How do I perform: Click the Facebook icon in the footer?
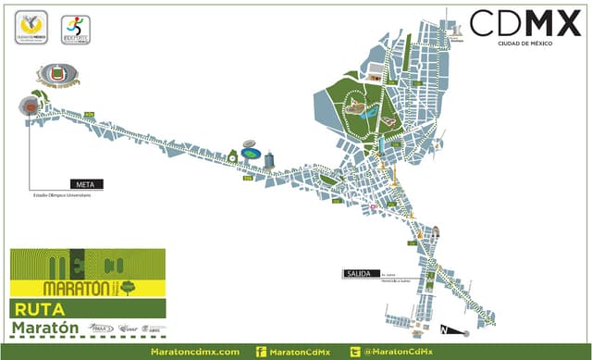(x=261, y=352)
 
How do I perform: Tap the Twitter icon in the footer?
(x=354, y=352)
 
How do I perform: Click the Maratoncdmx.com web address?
(x=194, y=352)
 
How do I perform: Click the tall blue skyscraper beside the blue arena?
(x=269, y=160)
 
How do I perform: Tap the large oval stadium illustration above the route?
(x=58, y=73)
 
